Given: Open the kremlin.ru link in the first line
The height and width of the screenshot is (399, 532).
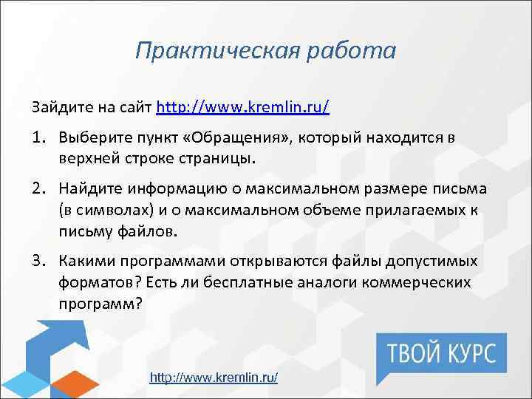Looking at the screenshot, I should (x=243, y=107).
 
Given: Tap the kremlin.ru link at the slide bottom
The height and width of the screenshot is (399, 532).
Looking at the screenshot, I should (x=214, y=378).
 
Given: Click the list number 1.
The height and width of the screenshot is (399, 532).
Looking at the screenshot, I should (x=39, y=138).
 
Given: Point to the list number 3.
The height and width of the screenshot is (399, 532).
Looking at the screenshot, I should (x=39, y=262).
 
